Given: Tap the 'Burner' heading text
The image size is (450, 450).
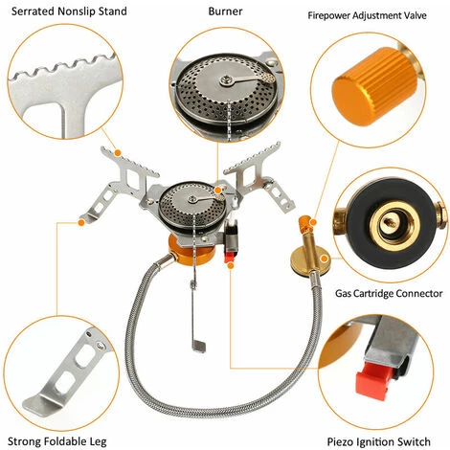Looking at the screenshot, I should pos(225,12).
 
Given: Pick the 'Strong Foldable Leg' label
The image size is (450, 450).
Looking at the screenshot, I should pos(60,439).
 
